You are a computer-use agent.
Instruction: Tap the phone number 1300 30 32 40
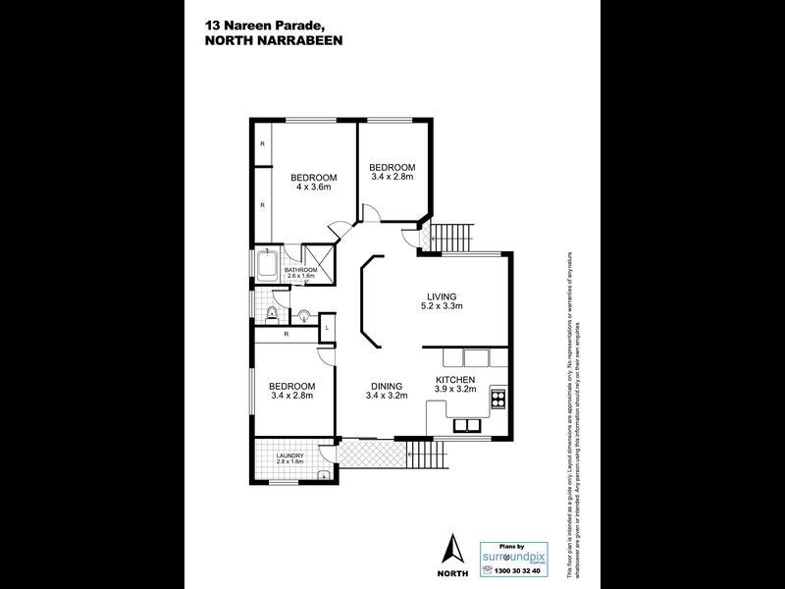[x=515, y=569]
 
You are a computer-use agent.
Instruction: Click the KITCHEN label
[x=455, y=379]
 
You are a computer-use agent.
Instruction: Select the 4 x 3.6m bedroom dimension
[x=314, y=187]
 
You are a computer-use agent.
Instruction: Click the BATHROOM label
[x=300, y=270]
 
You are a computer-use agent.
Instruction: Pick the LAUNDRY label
[x=289, y=455]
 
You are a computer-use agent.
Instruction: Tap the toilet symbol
[x=270, y=314]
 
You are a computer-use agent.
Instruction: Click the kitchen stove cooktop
[x=497, y=400]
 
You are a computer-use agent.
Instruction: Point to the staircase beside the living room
[x=452, y=237]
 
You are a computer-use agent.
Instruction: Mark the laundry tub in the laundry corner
[x=323, y=476]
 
